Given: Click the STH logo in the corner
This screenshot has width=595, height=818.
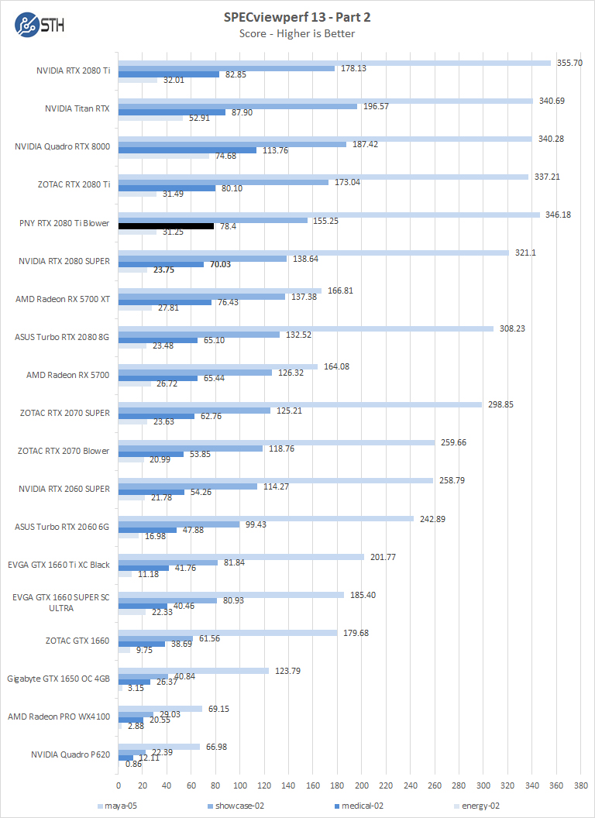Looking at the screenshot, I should (40, 23).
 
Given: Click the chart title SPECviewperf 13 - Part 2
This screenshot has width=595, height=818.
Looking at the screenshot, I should (297, 17).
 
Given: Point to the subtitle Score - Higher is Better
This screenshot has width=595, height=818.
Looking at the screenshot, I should (297, 33).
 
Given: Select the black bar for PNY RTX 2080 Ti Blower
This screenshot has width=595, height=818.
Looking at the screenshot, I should (166, 226).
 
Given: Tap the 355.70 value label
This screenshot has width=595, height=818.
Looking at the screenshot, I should (566, 63).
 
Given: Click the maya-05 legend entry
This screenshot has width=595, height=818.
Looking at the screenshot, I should (116, 806).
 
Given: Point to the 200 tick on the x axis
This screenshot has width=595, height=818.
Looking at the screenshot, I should (361, 784).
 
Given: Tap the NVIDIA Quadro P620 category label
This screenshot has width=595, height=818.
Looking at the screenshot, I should (71, 754).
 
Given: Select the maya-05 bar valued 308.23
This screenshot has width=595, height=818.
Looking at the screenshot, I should (305, 328).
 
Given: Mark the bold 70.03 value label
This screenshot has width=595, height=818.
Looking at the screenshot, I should (221, 264).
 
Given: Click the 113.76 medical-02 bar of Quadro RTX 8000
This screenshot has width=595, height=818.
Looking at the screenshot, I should (187, 150).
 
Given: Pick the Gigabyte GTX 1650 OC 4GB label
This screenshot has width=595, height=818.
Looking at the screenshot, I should (59, 679).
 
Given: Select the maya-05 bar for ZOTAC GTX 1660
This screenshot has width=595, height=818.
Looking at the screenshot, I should (227, 633).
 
